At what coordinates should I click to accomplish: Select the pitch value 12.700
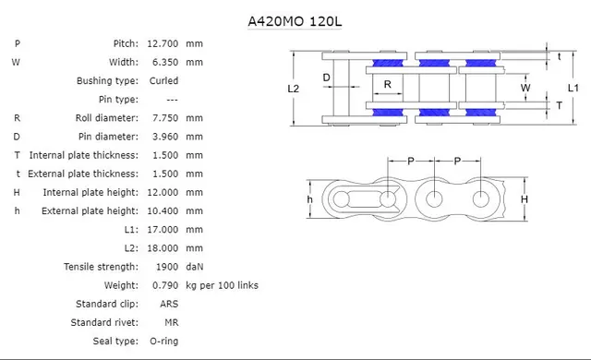tap(163, 43)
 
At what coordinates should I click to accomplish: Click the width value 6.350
tap(163, 62)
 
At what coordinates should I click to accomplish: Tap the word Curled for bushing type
tap(164, 80)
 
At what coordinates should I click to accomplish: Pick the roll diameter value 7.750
tap(163, 118)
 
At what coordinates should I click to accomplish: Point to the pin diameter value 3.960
tap(163, 137)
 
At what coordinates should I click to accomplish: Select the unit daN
tap(195, 267)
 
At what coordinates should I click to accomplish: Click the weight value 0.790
tap(163, 285)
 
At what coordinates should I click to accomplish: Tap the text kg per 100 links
tap(222, 285)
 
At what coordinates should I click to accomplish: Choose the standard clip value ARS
tap(159, 304)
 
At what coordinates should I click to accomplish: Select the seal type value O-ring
tap(165, 342)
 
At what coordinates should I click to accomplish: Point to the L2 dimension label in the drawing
tap(294, 89)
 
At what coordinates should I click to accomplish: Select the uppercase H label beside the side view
tap(524, 199)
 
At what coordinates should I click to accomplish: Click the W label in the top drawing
tap(525, 88)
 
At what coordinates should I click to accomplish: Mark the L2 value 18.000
tap(163, 248)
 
